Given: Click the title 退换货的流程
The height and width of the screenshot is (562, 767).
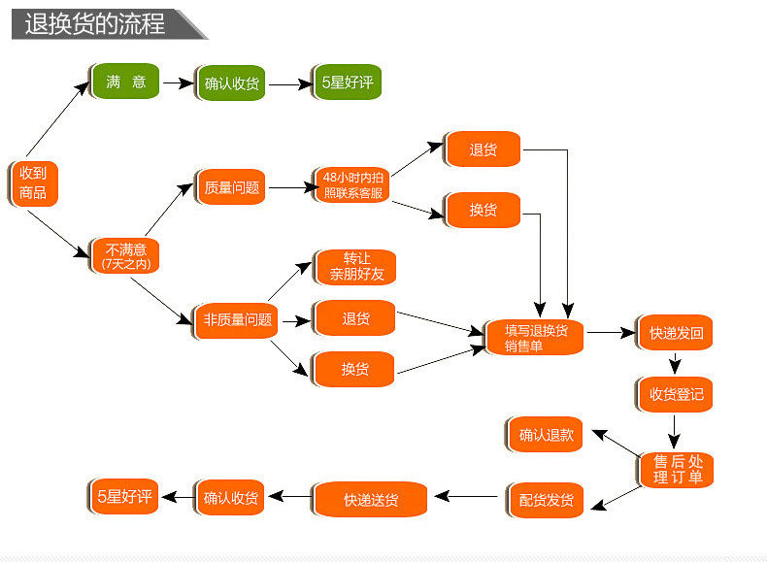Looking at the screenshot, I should click(x=95, y=23).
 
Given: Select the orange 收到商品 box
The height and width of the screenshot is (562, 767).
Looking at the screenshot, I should click(x=33, y=182).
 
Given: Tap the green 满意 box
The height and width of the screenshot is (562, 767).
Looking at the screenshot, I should click(x=126, y=83).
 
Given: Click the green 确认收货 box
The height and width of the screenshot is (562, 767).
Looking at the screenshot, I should click(x=232, y=83).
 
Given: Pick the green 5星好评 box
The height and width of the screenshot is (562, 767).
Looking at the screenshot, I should click(x=347, y=83).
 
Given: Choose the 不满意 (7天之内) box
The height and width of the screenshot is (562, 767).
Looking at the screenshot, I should click(x=125, y=255).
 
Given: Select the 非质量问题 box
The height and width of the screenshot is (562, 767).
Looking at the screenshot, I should click(x=236, y=319).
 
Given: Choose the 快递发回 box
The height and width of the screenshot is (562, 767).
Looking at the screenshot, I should click(x=676, y=333).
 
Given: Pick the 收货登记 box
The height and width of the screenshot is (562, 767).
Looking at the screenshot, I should click(x=676, y=394).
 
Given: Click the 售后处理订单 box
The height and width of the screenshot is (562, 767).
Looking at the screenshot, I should click(x=677, y=470).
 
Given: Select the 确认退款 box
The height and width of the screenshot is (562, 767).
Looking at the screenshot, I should click(x=546, y=435).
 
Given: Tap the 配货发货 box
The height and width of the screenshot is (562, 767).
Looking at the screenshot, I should click(x=546, y=500).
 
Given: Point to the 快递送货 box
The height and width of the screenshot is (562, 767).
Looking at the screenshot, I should click(x=370, y=500).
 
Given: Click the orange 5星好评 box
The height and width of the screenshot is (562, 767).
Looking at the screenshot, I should click(x=124, y=497).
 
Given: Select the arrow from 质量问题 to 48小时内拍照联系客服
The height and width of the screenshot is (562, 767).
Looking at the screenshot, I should click(x=289, y=186).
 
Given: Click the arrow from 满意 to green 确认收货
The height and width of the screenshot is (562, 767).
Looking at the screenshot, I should click(x=178, y=83).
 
